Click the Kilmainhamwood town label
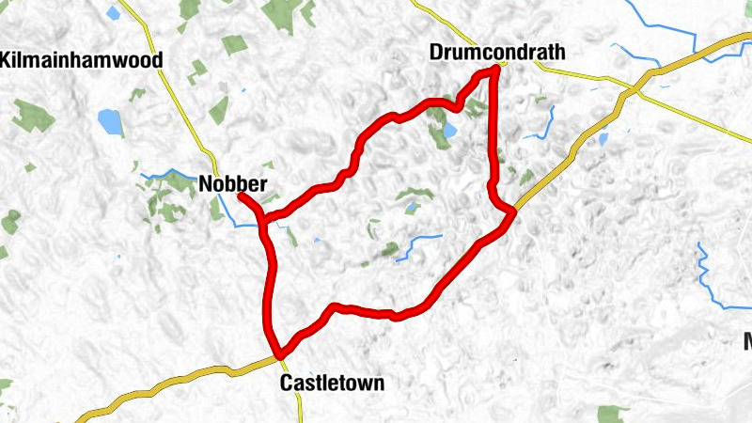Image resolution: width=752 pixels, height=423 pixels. point(82,60)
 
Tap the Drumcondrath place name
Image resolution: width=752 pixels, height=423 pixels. point(497,52)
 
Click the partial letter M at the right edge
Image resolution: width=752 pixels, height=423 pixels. point(746,340)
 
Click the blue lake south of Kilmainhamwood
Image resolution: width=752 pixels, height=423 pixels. point(111,122)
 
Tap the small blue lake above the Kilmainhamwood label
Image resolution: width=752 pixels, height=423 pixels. point(114,13)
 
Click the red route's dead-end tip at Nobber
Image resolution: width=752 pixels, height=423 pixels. point(242,197)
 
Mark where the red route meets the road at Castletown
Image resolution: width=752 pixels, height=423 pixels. point(278,354)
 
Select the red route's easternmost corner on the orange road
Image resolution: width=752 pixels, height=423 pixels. point(513,214)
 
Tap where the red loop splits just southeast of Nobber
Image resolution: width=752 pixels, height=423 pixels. point(266,221)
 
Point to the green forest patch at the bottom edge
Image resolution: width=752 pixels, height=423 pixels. point(613,414)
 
